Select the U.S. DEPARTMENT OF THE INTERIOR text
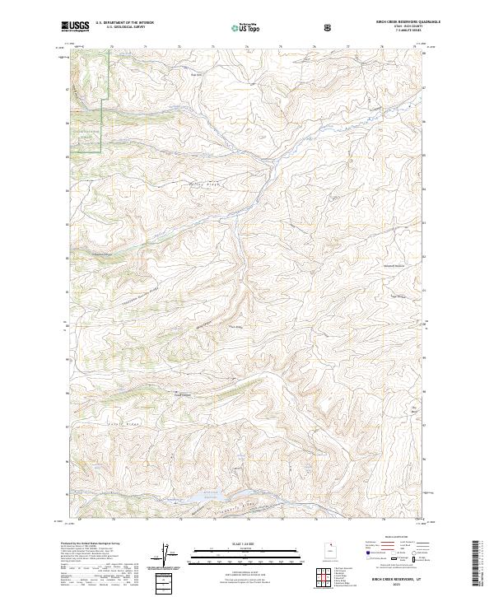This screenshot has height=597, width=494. pyautogui.click(x=124, y=23)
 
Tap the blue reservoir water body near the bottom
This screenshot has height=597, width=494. pyautogui.click(x=205, y=497)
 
